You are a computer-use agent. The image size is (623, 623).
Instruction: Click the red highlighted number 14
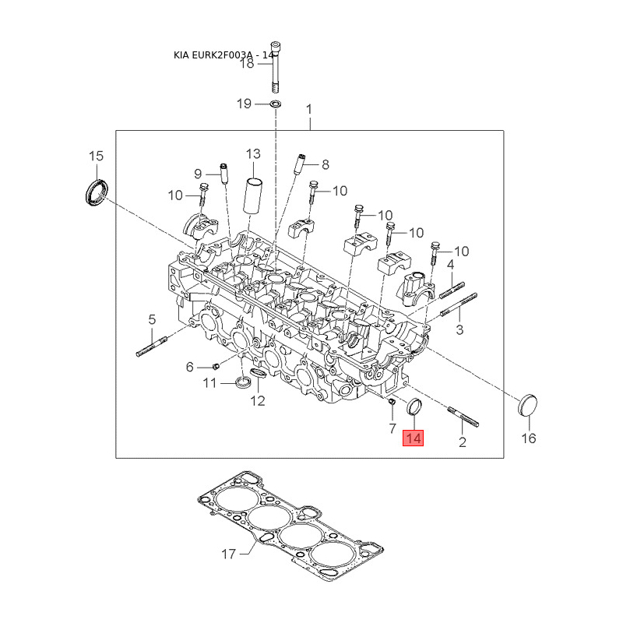(414, 438)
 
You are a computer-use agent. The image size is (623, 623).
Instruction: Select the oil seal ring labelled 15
(97, 192)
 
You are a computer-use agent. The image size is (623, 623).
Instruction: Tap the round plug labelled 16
(528, 405)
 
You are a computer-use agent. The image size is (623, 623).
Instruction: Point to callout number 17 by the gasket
(228, 554)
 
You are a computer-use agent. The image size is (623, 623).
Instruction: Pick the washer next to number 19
(276, 104)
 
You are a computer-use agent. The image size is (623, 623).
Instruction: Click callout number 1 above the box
(309, 109)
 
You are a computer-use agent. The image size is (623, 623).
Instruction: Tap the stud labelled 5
(152, 346)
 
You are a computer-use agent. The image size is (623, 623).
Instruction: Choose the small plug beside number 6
(216, 365)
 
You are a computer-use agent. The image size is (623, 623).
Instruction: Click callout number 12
(258, 400)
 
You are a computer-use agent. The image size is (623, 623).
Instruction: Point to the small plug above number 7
(392, 403)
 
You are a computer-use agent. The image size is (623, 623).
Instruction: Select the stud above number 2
(463, 417)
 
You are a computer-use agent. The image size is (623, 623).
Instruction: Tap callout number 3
(459, 329)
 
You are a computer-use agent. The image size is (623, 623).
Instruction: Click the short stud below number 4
(452, 290)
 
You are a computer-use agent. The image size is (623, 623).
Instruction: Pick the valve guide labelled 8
(300, 164)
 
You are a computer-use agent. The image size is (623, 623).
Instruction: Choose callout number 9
(198, 174)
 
